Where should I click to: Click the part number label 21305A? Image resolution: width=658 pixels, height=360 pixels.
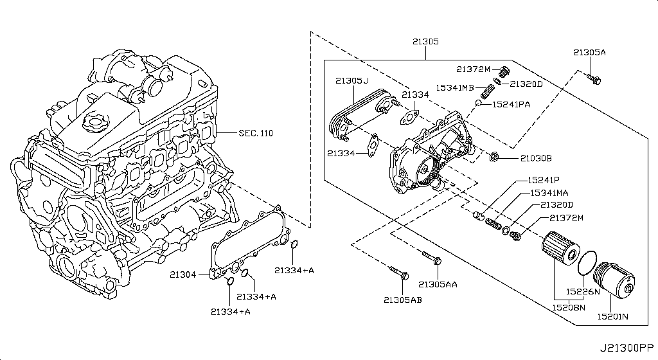coord(589,53)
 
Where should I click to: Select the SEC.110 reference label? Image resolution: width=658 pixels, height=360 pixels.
coord(255,133)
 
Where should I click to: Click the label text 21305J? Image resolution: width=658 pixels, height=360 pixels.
coord(351,80)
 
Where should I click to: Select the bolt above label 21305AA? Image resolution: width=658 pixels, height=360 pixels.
coord(431,258)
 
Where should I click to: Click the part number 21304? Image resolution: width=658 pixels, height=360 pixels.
coord(182,274)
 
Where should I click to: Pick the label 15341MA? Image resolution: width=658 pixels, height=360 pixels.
coord(547,193)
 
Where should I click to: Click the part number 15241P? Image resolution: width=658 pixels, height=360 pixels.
coord(544,181)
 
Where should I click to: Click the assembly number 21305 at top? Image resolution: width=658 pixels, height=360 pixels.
coord(425,41)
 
